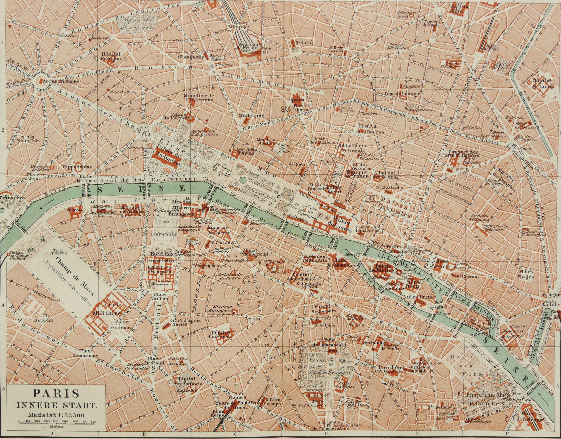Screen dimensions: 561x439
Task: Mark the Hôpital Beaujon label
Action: pyautogui.click(x=107, y=56)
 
